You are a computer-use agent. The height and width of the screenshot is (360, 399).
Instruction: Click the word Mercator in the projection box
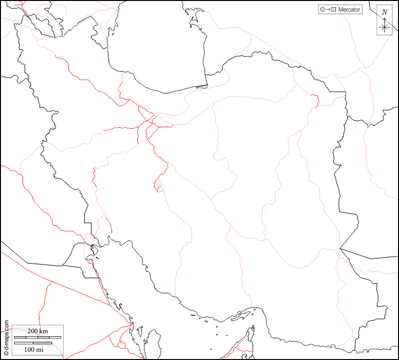pos(350,10)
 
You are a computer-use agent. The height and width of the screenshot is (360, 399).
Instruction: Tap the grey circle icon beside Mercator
pos(322,10)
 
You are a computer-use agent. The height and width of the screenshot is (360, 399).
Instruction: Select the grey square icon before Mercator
pos(334,10)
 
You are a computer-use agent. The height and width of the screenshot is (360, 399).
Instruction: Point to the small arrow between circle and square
pos(328,10)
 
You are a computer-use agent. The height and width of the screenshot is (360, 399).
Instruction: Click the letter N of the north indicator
pos(385,12)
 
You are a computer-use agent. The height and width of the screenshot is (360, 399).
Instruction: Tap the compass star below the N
pos(385,26)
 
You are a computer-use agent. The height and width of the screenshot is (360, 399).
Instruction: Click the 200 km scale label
pos(37,331)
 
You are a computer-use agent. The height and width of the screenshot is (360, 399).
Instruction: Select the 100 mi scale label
pos(33,349)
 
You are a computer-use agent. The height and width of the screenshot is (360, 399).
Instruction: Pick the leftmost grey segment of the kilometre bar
pos(20,337)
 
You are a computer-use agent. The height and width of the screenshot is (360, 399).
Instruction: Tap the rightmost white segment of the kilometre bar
pos(55,337)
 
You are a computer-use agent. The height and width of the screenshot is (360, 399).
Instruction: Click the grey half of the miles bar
pos(42,343)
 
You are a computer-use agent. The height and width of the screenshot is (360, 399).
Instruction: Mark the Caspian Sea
pos(157,45)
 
